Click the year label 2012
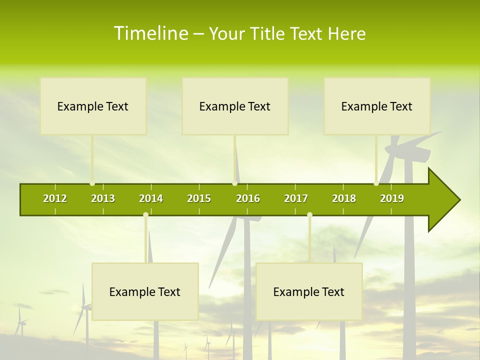[55, 198]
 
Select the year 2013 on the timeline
[103, 198]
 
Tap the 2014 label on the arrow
[151, 198]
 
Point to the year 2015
[199, 198]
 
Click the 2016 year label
[248, 198]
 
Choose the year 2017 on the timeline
[296, 198]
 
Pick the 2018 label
[344, 198]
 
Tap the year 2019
[392, 198]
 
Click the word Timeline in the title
[150, 33]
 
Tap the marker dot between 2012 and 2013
[92, 183]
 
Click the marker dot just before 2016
[234, 183]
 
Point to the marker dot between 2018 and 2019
[376, 183]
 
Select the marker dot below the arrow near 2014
[145, 215]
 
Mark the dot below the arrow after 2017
[309, 215]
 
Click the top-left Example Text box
[93, 106]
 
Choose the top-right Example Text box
[377, 106]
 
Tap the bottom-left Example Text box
[145, 291]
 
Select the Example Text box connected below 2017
[309, 291]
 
